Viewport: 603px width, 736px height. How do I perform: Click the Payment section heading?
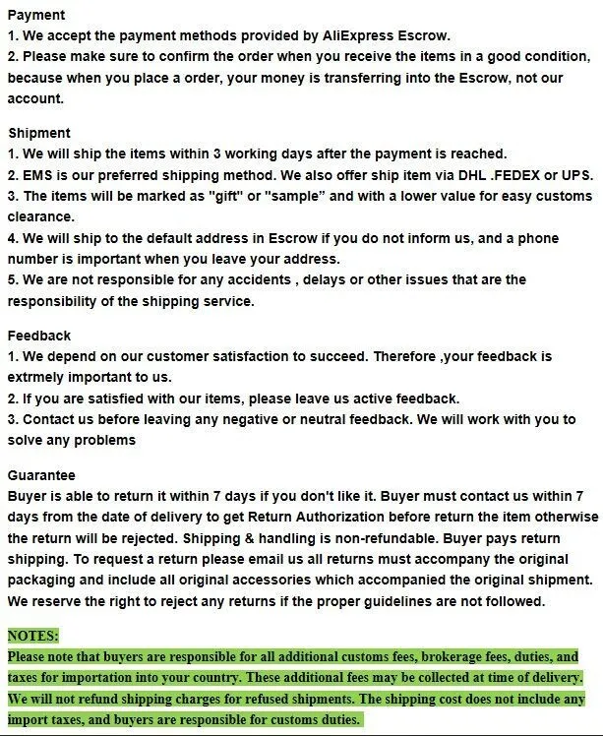(x=36, y=15)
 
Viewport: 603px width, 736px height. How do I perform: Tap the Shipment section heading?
(x=39, y=133)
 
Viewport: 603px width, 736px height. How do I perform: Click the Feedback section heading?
(x=39, y=336)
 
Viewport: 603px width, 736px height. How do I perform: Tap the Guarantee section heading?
(x=41, y=474)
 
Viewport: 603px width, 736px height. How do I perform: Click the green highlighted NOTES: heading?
(x=33, y=636)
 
